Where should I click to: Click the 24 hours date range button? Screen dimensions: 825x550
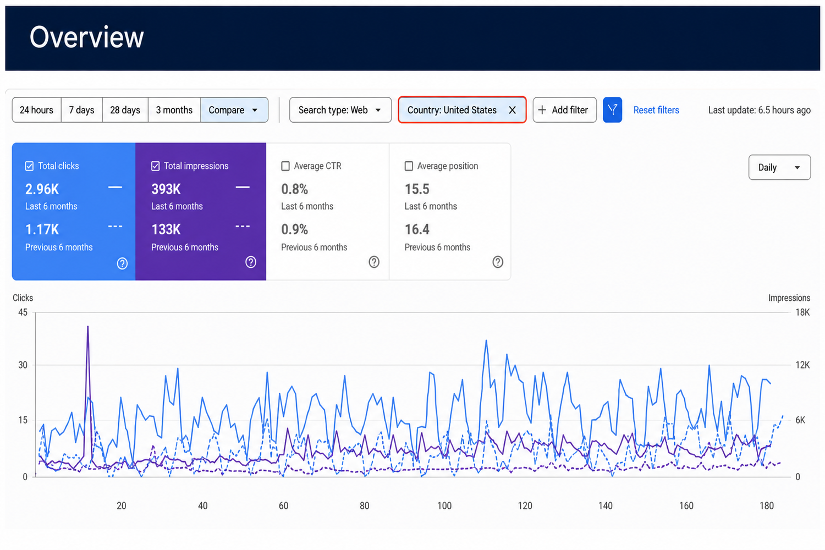(36, 110)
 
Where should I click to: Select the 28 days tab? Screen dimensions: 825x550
(125, 110)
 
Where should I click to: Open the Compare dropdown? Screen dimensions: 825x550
(234, 110)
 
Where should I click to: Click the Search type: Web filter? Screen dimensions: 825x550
(340, 110)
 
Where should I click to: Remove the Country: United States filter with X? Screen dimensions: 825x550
(512, 110)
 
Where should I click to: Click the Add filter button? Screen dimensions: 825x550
(565, 110)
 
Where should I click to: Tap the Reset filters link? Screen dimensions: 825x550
(656, 110)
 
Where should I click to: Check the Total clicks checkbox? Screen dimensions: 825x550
(30, 166)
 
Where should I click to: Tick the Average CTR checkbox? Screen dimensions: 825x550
(285, 166)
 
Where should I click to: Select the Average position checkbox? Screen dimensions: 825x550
(409, 166)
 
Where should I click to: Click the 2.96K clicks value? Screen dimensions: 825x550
(42, 189)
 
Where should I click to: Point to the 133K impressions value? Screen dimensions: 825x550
(166, 229)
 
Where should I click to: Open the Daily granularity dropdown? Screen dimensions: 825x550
(779, 167)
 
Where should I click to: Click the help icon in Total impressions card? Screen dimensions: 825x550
(251, 262)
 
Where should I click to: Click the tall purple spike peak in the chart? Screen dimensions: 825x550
(87, 326)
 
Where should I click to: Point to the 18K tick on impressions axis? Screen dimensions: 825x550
(802, 312)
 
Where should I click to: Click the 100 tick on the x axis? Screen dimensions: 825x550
(444, 505)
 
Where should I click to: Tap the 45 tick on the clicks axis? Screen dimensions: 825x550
(23, 312)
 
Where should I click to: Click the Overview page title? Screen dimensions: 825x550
(86, 37)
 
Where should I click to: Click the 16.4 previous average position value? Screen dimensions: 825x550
(417, 229)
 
